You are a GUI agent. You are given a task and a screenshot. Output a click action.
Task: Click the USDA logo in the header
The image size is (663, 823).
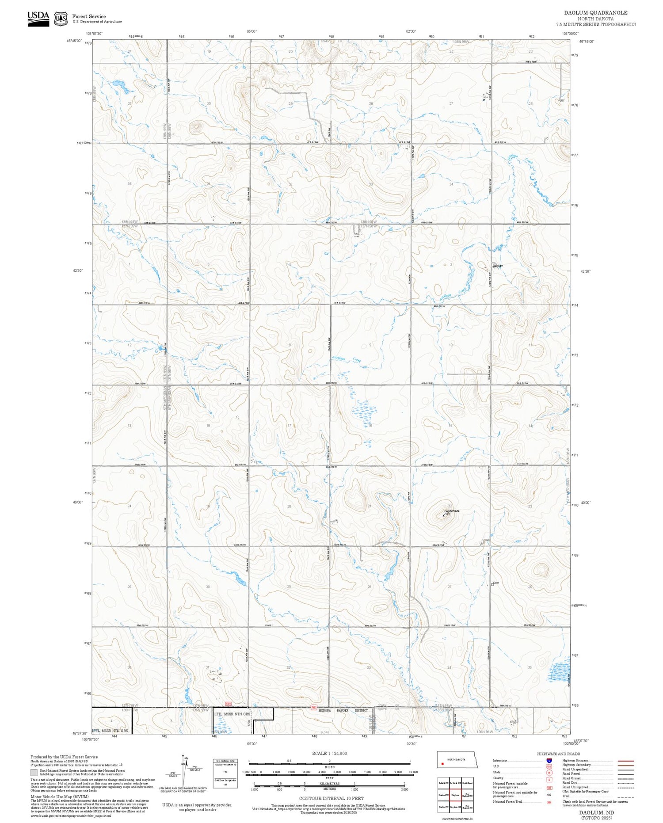tap(38, 19)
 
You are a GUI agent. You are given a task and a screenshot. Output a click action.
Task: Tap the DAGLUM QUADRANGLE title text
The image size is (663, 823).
tap(595, 12)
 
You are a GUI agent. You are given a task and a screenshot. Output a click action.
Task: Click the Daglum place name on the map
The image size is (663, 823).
tap(498, 266)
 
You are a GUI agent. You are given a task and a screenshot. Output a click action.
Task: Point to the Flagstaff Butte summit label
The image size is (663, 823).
tap(452, 511)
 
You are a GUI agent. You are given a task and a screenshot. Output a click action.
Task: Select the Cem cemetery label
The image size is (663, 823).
tap(495, 583)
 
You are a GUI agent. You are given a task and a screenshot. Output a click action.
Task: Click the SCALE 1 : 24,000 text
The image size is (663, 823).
tap(329, 753)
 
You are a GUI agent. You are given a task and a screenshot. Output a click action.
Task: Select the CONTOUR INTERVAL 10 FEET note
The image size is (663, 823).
tap(331, 798)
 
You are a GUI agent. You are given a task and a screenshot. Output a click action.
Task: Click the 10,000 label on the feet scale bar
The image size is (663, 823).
tap(413, 772)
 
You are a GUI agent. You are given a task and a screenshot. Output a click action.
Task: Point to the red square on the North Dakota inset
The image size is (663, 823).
tap(442, 762)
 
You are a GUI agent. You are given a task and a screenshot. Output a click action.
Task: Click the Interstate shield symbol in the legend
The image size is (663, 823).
tap(549, 760)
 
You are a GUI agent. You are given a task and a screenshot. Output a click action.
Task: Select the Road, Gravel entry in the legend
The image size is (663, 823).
tap(571, 778)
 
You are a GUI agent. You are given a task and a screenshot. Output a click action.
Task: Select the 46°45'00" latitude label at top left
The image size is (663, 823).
tap(74, 40)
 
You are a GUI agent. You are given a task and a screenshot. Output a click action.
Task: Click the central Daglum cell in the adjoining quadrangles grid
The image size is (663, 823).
tap(455, 794)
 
